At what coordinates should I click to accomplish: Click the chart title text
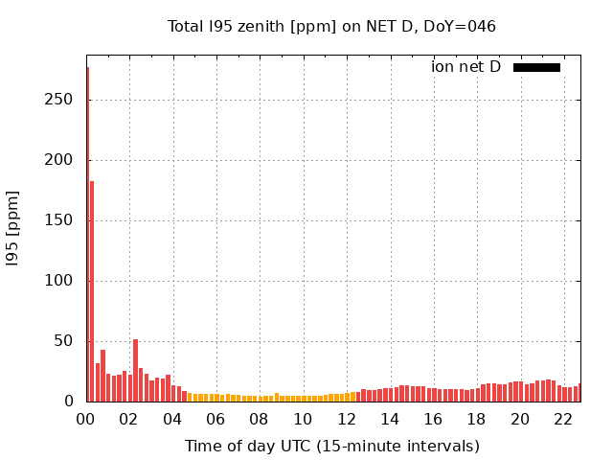click(331, 27)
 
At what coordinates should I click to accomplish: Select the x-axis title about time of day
click(331, 446)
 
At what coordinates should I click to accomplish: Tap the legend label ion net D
click(465, 67)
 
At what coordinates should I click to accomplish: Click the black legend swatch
click(536, 67)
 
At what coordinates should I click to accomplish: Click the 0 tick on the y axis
click(70, 402)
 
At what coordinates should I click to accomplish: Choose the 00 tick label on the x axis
click(85, 419)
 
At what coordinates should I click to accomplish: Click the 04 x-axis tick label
click(172, 419)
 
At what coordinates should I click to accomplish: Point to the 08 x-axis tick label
click(260, 419)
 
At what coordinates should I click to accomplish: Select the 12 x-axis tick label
click(346, 419)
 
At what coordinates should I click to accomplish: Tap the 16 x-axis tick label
click(433, 419)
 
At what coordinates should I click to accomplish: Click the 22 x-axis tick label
click(563, 419)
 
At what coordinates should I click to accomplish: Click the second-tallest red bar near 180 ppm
click(92, 287)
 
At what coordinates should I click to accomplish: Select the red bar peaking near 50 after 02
click(135, 369)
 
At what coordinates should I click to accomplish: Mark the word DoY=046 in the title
click(463, 27)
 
